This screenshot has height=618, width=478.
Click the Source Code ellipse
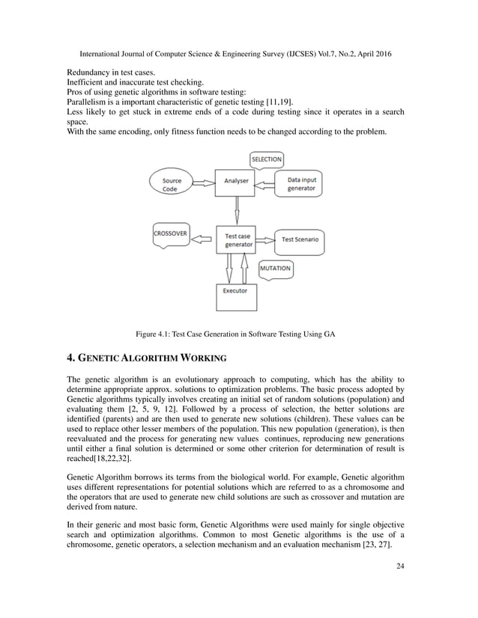pos(172,183)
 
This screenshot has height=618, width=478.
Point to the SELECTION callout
pos(266,159)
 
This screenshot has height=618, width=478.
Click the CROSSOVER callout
pos(170,233)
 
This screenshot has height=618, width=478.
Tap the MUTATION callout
pos(275,268)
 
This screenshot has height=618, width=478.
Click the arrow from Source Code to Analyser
pos(202,181)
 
